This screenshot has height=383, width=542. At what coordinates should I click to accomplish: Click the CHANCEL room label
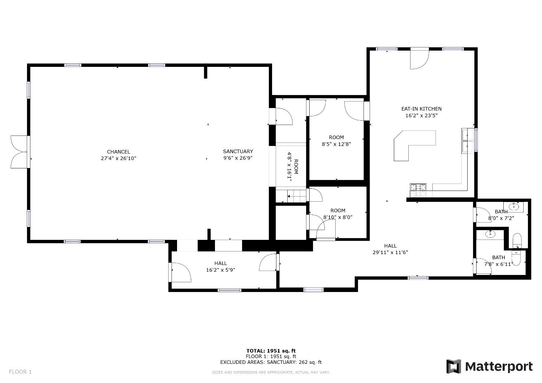[x=118, y=152]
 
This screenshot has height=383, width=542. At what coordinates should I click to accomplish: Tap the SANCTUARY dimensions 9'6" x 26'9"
[x=238, y=158]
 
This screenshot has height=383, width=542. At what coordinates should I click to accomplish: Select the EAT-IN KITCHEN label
[x=421, y=109]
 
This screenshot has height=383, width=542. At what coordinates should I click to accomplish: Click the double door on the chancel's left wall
[x=19, y=152]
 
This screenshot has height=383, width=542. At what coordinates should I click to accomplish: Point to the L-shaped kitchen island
[x=412, y=143]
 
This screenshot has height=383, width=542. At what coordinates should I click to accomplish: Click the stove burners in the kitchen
[x=418, y=187]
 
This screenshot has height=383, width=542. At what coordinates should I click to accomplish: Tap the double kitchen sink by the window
[x=468, y=141]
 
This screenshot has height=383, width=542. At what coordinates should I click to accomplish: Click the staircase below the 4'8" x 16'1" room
[x=296, y=197]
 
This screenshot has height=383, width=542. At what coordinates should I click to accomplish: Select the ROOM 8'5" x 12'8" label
[x=336, y=137]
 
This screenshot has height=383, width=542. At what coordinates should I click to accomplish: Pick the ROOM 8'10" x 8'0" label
[x=338, y=211]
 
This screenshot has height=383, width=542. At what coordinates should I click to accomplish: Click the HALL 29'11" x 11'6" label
[x=390, y=246]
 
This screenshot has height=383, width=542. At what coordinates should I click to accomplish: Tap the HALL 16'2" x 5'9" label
[x=220, y=263]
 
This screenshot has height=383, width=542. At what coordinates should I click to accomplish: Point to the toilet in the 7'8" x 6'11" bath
[x=517, y=240]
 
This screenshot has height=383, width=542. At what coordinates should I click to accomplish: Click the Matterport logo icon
[x=454, y=366]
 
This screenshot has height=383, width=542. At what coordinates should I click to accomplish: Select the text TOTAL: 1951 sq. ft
[x=271, y=350]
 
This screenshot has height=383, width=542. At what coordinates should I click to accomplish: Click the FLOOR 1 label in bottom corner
[x=20, y=371]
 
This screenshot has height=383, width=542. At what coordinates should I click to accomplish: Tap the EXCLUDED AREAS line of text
[x=271, y=362]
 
